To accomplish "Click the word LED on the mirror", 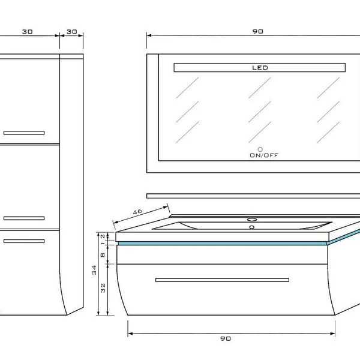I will click(260, 68).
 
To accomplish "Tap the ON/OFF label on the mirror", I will click(264, 155).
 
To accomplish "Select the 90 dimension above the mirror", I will click(258, 31).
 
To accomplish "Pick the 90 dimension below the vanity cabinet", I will click(226, 338).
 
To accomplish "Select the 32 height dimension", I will click(103, 287).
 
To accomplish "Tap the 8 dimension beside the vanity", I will click(103, 254).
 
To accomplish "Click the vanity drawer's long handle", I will click(222, 280).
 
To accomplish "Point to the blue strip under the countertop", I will click(222, 243).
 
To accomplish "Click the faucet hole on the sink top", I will click(252, 219).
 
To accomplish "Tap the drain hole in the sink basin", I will click(252, 227).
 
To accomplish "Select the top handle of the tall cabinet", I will click(24, 132).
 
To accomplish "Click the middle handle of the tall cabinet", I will click(24, 217).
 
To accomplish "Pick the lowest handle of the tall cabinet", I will click(24, 241).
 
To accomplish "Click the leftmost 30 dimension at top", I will click(27, 31).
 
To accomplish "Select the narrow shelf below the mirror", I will click(252, 196).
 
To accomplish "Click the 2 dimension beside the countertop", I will click(103, 236).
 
